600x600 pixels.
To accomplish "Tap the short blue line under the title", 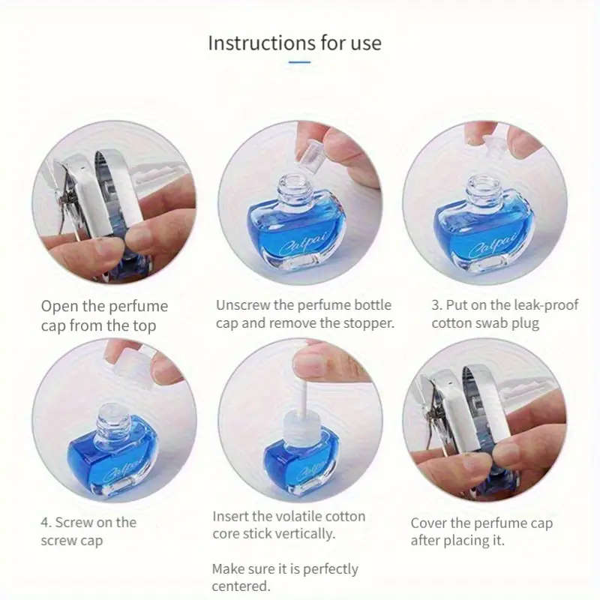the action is click(299, 61).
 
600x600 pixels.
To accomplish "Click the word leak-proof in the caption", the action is click(546, 305).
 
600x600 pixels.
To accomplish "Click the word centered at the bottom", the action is click(241, 586).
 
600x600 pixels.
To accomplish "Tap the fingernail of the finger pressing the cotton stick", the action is click(310, 361).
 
